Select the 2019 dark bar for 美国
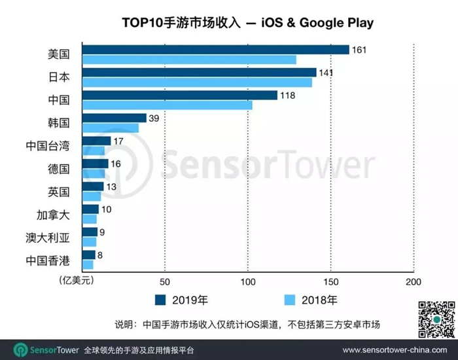(216, 50)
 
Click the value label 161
(359, 50)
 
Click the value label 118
(288, 96)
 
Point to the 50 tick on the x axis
(165, 281)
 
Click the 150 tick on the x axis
(330, 281)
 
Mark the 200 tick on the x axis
(413, 281)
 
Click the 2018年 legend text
(319, 300)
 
